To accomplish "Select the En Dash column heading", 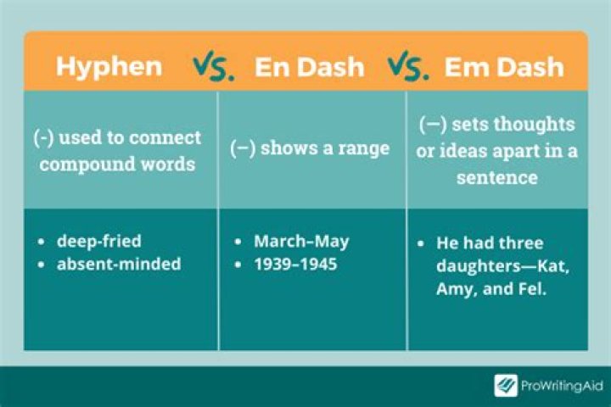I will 309,66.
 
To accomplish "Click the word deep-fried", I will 98,242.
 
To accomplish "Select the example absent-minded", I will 119,264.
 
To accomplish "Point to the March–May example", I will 301,242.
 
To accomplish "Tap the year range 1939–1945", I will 295,264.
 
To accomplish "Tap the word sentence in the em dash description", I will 496,178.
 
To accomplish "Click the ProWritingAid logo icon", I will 506,386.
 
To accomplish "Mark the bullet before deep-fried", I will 43,243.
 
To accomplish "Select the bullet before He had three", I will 421,243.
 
